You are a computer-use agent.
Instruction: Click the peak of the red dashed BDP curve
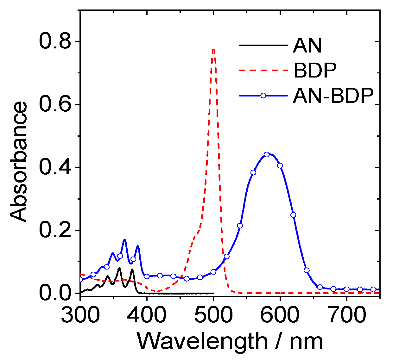(214, 49)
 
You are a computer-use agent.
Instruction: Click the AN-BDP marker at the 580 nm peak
(267, 154)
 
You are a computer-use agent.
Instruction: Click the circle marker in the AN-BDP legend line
(263, 96)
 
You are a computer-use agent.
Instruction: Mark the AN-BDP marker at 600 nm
(280, 165)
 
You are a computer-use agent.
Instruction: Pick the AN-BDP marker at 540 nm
(240, 226)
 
